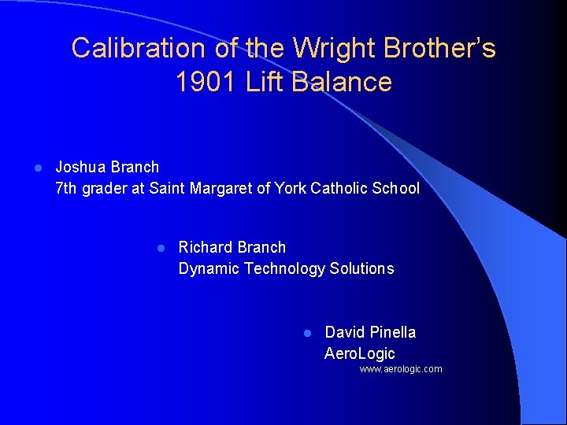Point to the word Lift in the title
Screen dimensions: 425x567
[x=266, y=82]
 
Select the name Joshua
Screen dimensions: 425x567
[x=81, y=167]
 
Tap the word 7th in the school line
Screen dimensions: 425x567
[x=67, y=188]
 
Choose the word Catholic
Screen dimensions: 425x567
[x=340, y=188]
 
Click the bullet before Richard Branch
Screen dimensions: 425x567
[x=159, y=248]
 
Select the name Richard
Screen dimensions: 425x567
[x=206, y=247]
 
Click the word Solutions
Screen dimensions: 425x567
[x=362, y=268]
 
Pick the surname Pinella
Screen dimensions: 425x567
[x=391, y=332]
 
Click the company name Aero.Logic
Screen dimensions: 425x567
[x=360, y=353]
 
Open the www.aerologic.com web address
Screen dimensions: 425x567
[x=401, y=369]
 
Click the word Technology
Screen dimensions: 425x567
[x=284, y=268]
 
